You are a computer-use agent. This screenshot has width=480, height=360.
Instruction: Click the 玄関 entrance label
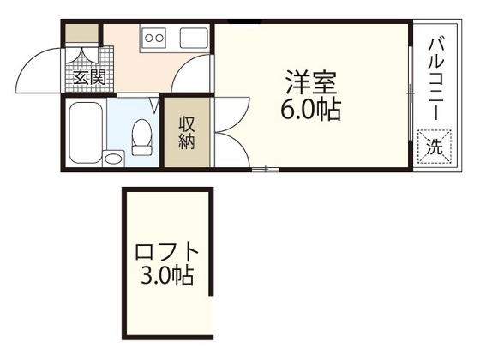coord(84,78)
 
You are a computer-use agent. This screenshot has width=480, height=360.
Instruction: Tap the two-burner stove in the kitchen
coord(155,38)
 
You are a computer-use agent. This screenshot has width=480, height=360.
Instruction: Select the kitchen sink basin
coord(192,38)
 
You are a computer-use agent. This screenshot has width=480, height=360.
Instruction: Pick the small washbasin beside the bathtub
coord(113,157)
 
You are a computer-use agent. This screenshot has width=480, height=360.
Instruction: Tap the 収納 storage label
coord(187,132)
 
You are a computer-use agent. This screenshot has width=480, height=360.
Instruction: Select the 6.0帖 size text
coord(311,110)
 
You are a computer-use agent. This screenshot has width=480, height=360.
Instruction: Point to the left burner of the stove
coord(149,38)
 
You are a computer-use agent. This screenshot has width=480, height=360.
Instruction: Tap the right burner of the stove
coord(160,38)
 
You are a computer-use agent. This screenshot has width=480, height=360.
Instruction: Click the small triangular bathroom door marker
coord(154,105)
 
